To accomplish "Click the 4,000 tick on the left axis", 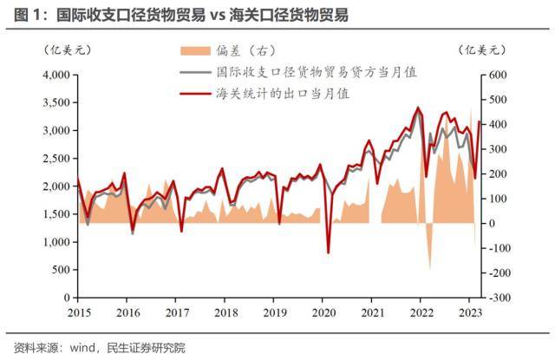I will (56, 75).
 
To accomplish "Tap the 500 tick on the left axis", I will (62, 270).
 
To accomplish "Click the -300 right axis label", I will (497, 298).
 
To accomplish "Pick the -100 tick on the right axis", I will (497, 248).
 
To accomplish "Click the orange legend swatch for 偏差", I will (198, 51).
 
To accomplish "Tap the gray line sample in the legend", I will (198, 73).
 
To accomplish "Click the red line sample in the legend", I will (198, 95).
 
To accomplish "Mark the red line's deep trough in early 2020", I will (328, 252).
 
